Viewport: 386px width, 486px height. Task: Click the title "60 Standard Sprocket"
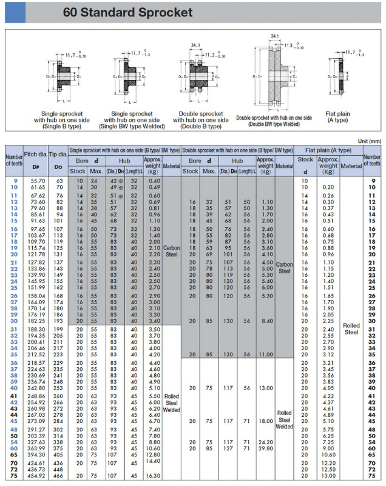(x=127, y=13)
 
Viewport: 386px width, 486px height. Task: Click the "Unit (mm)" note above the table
(x=368, y=141)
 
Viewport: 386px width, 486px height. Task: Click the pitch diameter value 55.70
(x=38, y=181)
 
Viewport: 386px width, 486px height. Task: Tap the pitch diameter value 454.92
(x=37, y=476)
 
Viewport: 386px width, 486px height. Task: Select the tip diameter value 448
(x=59, y=470)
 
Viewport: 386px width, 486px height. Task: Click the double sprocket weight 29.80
(x=265, y=449)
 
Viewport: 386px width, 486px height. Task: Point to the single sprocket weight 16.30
(x=154, y=476)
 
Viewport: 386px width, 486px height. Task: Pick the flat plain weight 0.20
(x=328, y=187)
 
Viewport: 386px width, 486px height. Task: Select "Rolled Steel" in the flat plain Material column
(x=351, y=328)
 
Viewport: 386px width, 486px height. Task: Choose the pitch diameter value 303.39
(x=37, y=436)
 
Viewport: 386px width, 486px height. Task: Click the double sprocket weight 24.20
(x=265, y=442)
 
